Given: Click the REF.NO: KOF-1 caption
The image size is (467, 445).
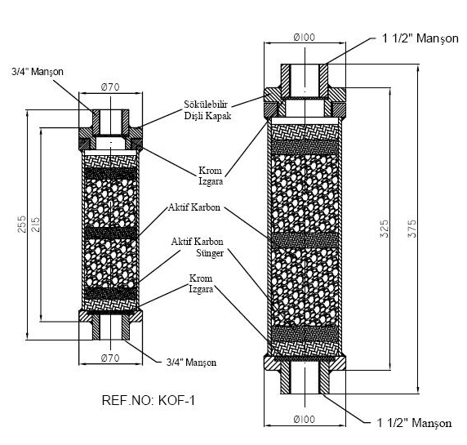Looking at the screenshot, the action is [149, 400].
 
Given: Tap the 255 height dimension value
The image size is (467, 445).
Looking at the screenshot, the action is [22, 224].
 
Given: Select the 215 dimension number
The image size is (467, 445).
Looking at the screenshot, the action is [35, 225].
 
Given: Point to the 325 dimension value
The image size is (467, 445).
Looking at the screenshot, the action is [385, 229].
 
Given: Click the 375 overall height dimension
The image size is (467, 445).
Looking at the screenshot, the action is [412, 229].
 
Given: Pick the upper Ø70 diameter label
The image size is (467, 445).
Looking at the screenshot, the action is [110, 87].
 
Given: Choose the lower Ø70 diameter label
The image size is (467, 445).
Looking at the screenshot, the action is [110, 358].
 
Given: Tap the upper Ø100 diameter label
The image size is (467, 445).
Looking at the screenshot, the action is [304, 38].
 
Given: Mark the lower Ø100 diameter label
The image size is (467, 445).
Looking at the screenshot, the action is [304, 419].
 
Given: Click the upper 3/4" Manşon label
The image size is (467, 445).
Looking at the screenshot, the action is [38, 72].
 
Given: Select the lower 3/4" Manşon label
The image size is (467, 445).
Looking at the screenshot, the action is [191, 363].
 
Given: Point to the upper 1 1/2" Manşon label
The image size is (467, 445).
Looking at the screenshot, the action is [420, 38].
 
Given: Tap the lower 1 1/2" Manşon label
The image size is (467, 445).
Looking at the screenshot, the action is [414, 423].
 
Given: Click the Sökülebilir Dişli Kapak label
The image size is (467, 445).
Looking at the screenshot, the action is [207, 110].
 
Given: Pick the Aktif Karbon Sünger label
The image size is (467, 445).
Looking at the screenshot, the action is [197, 247].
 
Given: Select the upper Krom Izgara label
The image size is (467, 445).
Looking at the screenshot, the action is [211, 176].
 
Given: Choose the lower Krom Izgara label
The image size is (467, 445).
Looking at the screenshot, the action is [201, 284].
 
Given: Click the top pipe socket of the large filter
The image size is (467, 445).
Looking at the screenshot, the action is [305, 80].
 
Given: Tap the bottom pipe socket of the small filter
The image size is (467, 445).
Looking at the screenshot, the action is [110, 327].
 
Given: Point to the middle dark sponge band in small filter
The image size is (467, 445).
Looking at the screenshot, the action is [110, 233].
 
